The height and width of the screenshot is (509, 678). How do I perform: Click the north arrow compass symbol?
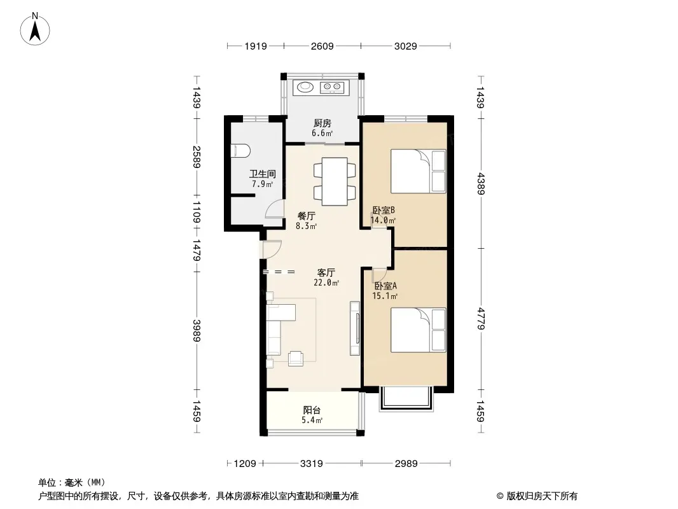click(x=35, y=29)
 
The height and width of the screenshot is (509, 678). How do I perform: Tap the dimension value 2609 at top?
click(x=322, y=46)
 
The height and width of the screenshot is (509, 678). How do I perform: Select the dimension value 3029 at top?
click(x=406, y=46)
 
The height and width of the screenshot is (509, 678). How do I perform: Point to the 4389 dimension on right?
click(x=480, y=183)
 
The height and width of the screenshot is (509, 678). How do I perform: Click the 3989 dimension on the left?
click(x=197, y=330)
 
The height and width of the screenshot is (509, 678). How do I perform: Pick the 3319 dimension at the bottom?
click(x=311, y=464)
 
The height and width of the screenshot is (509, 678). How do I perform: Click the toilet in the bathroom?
click(x=240, y=151)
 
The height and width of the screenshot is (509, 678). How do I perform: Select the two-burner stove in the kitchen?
click(x=332, y=87)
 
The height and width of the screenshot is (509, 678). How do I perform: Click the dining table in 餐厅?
click(x=335, y=181)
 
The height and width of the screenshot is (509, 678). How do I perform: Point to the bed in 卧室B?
click(x=418, y=171)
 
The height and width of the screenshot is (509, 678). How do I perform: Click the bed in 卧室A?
click(x=418, y=330)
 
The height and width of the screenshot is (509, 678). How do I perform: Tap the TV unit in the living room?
click(x=355, y=328)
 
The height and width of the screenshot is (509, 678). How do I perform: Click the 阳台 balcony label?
click(x=312, y=410)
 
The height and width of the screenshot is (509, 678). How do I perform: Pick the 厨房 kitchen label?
click(x=322, y=123)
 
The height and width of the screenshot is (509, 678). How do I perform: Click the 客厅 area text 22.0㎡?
click(x=326, y=283)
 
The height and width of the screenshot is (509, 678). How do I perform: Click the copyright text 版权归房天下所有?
click(x=542, y=496)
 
